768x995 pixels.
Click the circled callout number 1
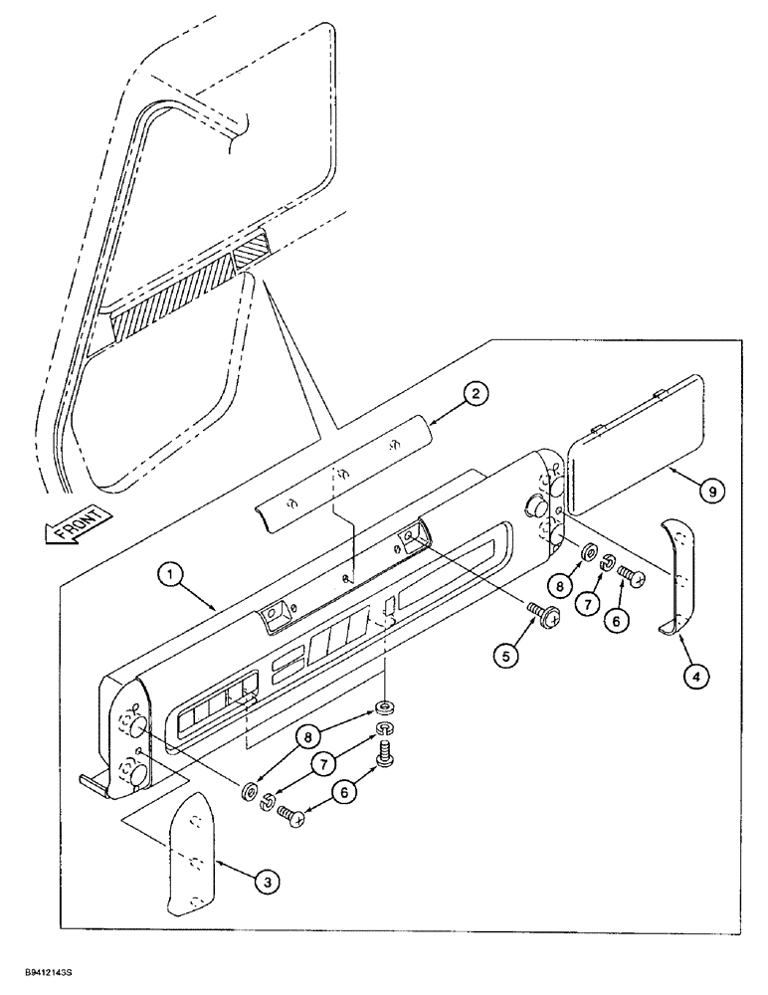point(170,575)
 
